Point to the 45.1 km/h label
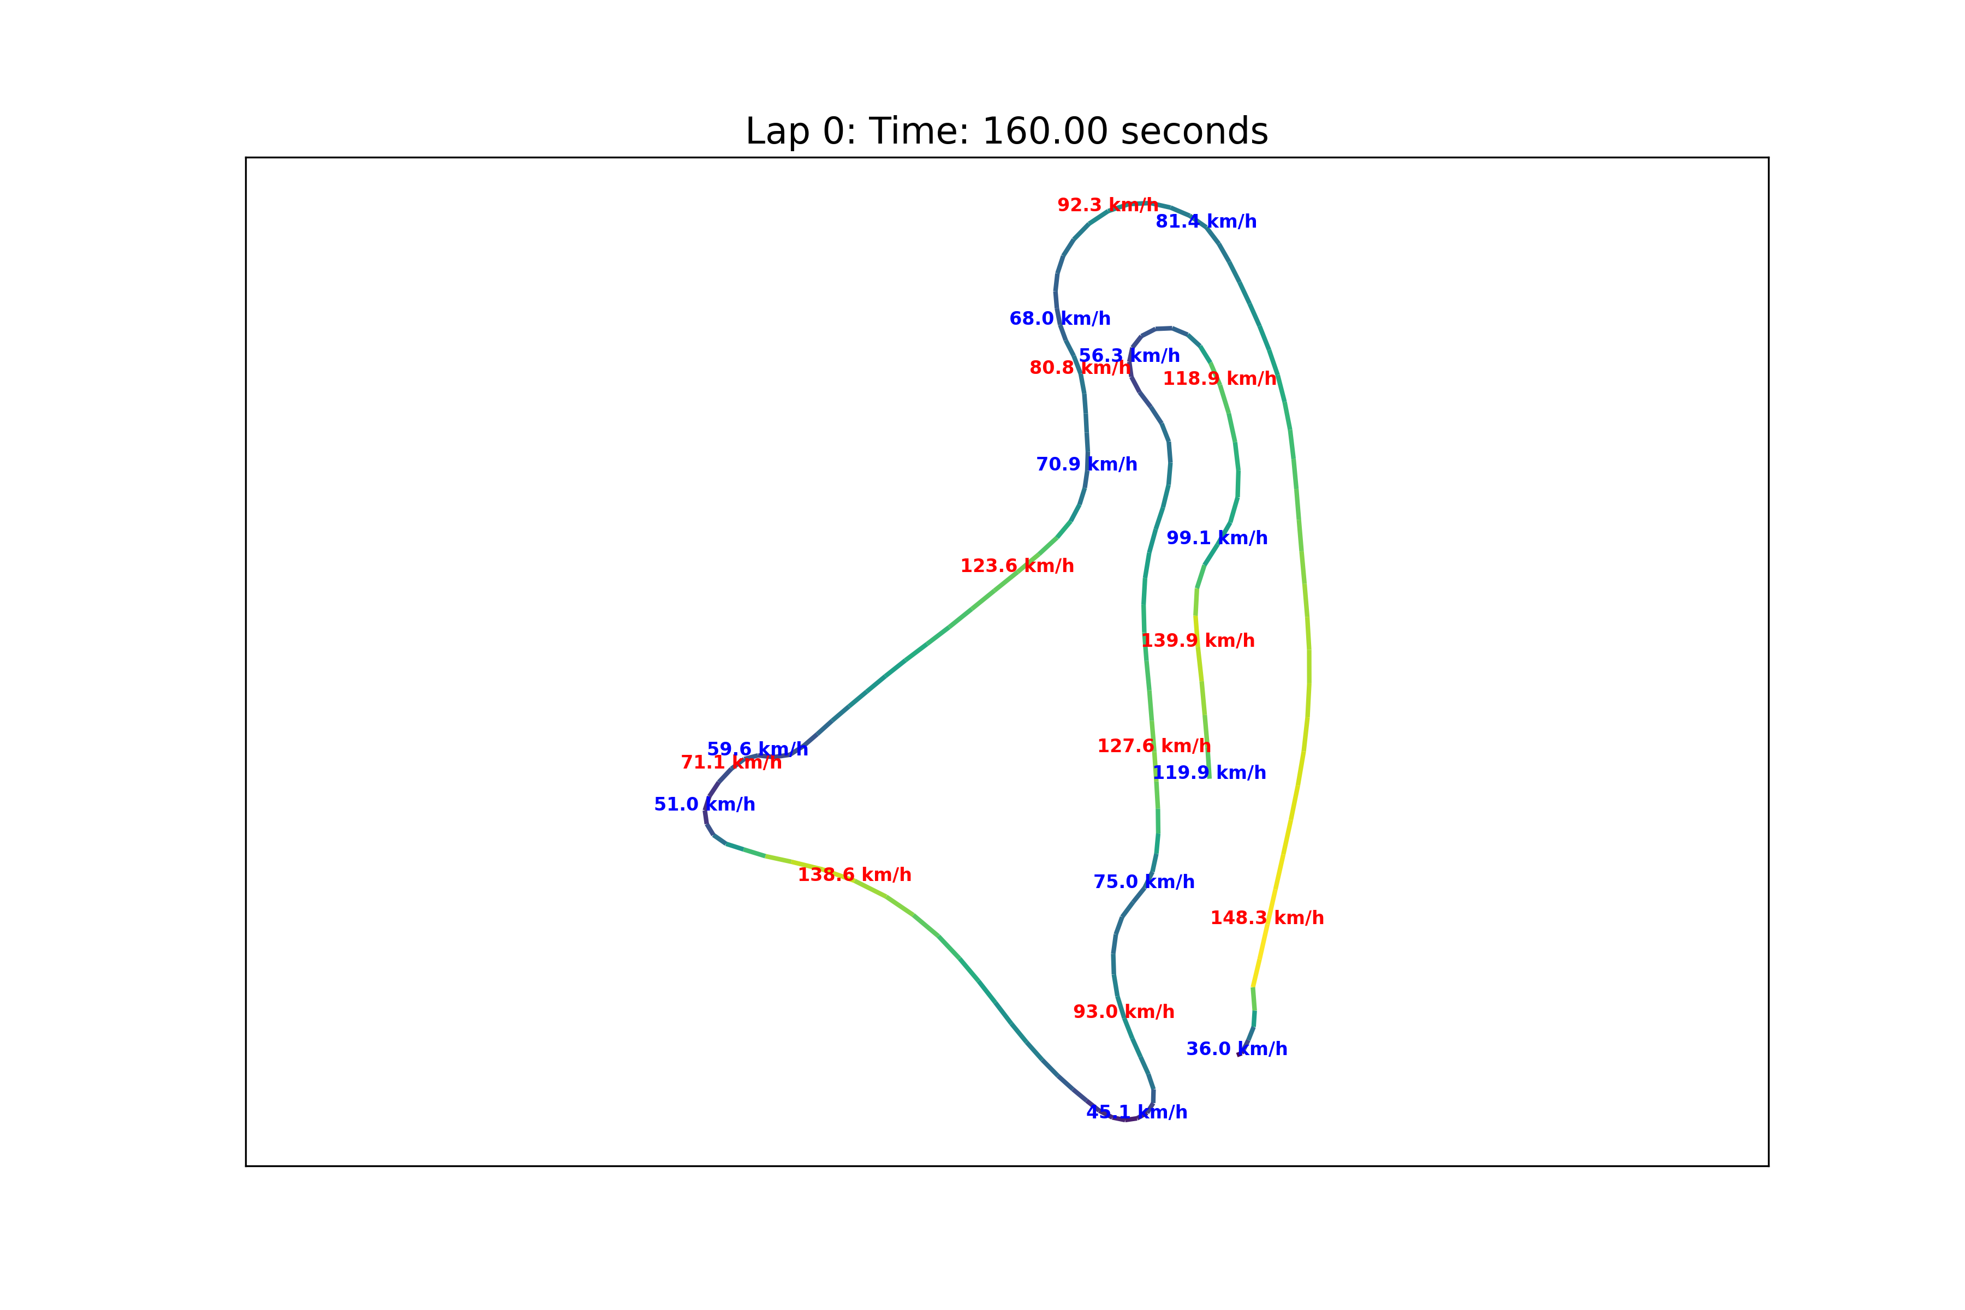[1136, 1112]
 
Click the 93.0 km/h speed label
[1124, 1012]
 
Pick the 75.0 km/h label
[1144, 882]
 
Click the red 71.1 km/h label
[731, 763]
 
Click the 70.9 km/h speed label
[1086, 465]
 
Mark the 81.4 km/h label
[1206, 222]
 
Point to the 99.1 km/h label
[1217, 538]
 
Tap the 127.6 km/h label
[1154, 746]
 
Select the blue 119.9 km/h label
[1209, 773]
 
